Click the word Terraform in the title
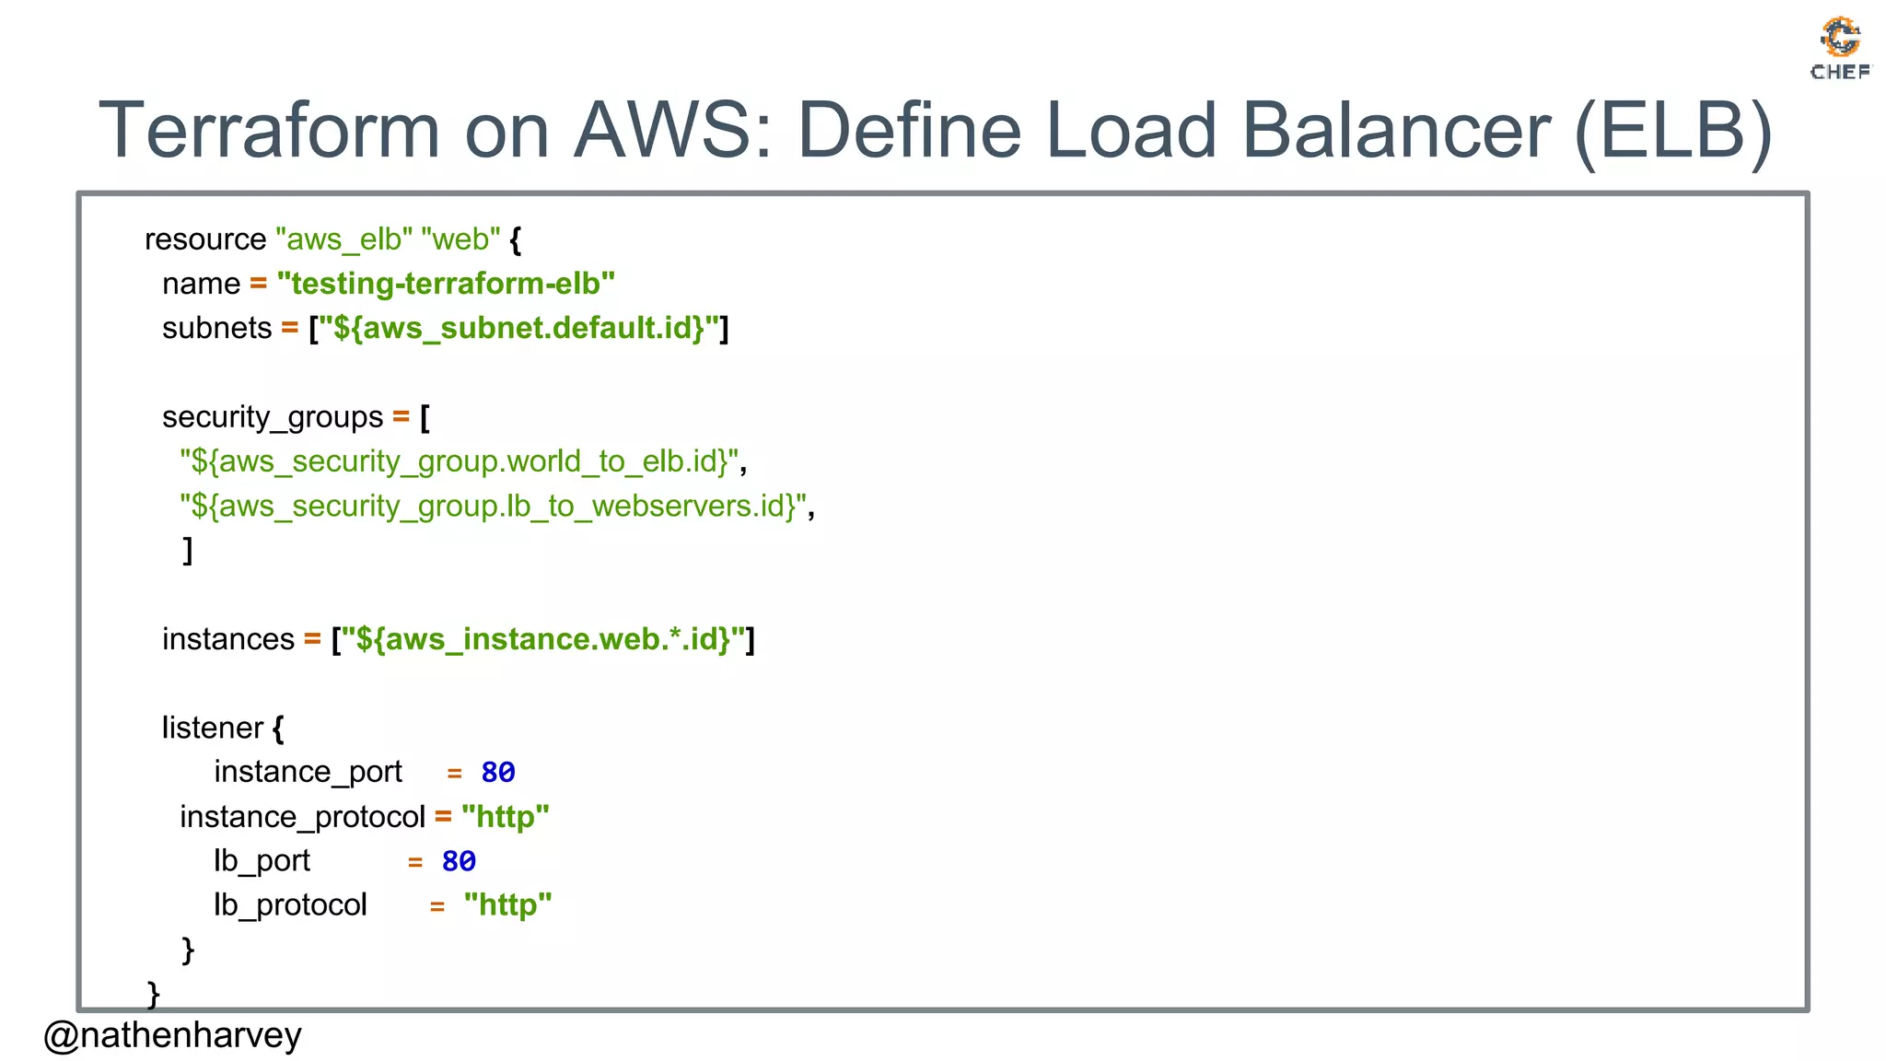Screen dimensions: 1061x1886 pos(269,131)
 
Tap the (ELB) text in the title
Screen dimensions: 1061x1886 pos(1672,131)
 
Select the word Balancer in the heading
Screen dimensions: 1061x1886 pos(1396,131)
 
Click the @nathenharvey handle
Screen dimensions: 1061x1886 pos(172,1035)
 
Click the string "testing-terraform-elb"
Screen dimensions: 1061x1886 pos(446,284)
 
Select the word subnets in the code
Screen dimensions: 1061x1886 pos(216,328)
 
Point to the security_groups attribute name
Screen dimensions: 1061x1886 pos(273,417)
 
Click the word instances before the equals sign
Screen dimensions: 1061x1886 pos(228,639)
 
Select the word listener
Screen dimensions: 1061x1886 pos(213,728)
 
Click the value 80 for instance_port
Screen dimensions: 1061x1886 pos(498,772)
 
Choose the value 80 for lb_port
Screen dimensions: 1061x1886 pos(459,861)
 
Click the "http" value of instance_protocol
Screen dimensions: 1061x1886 pos(506,817)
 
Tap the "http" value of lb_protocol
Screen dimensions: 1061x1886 pos(507,905)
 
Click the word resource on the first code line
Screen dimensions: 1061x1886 pos(205,239)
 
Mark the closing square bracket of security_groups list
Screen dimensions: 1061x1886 pos(188,550)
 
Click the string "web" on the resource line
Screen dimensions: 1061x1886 pos(460,239)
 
